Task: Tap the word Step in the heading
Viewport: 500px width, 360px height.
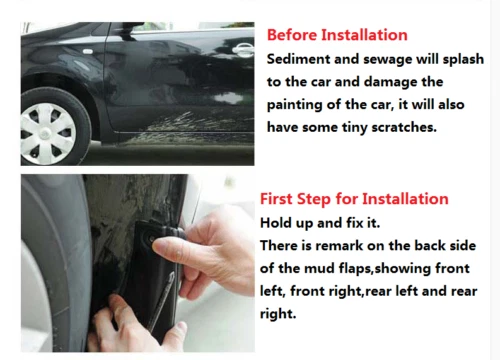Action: [322, 199]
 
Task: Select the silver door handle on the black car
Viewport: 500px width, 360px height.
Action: [243, 48]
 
